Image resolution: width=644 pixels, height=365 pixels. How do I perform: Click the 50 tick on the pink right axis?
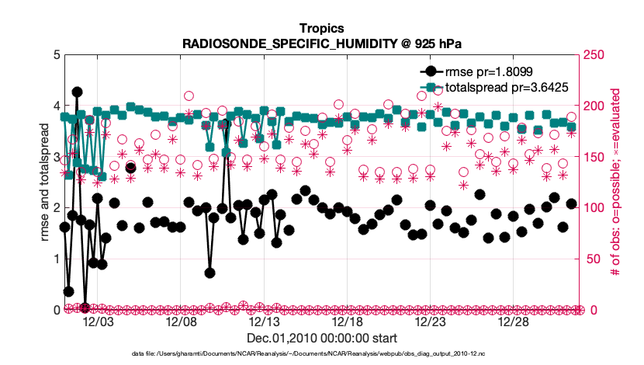(x=594, y=259)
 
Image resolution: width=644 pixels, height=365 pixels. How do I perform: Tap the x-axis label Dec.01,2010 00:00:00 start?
(x=321, y=339)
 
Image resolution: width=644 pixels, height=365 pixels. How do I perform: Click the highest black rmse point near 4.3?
(x=77, y=92)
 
